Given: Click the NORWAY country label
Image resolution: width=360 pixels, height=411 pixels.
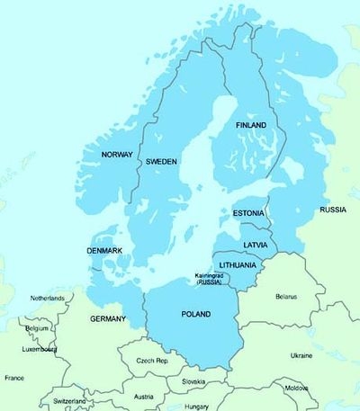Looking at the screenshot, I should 117,155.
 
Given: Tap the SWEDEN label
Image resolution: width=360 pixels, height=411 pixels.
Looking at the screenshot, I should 163,161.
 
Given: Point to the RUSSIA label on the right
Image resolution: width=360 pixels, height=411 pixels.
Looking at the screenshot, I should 333,210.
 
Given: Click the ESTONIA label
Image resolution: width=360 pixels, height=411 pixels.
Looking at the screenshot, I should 248,213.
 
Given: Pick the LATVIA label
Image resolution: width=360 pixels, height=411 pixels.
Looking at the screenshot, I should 255,245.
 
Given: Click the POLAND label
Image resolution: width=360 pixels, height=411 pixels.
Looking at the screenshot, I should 195,314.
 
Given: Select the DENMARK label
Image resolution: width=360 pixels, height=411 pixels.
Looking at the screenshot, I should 105,250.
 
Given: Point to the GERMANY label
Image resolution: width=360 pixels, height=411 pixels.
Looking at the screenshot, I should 108,319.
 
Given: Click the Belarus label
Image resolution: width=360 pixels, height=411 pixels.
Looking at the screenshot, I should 286,295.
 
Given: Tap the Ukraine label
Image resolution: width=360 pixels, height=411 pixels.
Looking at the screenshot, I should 301,355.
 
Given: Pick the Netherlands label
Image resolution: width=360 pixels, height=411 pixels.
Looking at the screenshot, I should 48,298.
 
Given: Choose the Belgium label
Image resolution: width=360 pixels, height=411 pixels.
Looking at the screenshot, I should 37,328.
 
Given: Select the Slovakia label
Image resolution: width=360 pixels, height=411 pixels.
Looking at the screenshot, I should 193,380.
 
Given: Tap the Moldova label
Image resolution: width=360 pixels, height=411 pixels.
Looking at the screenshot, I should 296,388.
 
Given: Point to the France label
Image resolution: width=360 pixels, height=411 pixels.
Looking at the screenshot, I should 14,378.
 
